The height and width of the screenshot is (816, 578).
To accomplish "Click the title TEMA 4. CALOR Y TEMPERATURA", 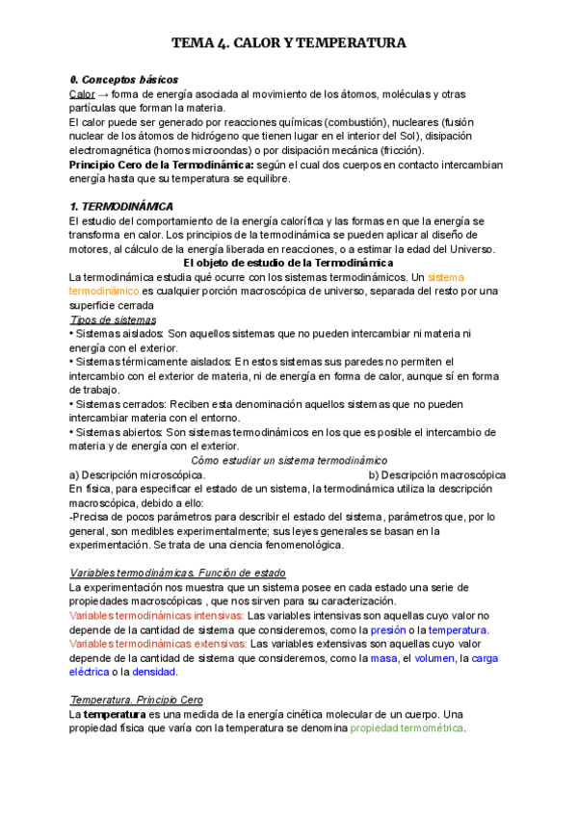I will [289, 43].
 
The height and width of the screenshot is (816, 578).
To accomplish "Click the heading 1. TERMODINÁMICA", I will [121, 206].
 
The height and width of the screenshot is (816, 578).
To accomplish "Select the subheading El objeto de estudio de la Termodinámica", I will [288, 263].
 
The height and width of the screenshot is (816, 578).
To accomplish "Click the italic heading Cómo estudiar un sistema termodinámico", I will [289, 460].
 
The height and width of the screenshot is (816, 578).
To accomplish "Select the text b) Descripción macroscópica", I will [437, 474].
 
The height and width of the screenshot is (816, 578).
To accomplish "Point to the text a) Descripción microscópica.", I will [136, 474].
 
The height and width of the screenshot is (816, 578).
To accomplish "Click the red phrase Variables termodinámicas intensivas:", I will [156, 616].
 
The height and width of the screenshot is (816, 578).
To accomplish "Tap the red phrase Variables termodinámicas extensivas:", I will [158, 644].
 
